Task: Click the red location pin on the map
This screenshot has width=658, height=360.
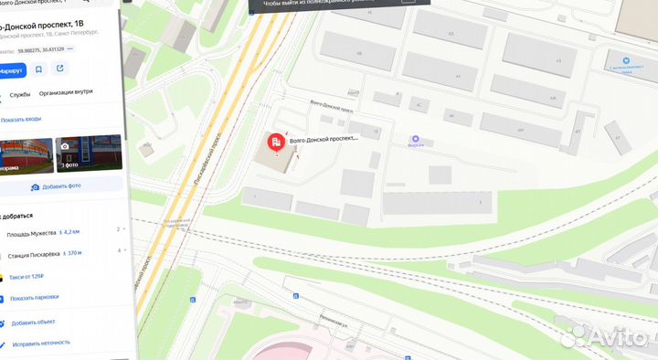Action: (x=275, y=142)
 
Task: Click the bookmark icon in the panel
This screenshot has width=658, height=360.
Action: (x=39, y=69)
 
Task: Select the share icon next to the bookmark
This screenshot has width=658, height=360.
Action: (x=60, y=69)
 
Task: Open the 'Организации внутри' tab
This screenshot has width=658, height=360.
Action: (x=66, y=91)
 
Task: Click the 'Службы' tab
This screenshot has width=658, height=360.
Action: (x=20, y=93)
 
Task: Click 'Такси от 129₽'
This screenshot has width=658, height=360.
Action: (x=27, y=275)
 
